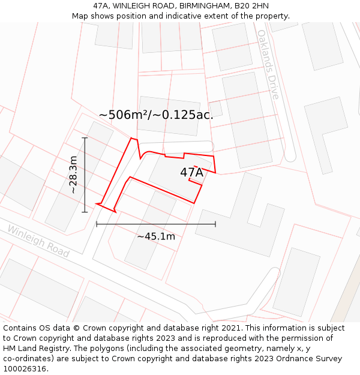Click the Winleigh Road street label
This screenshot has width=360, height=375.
[38, 241]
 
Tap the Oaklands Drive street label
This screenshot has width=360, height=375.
[268, 64]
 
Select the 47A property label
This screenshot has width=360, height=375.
[191, 172]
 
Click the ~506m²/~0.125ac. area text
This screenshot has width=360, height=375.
[156, 115]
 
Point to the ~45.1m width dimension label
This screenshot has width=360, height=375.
[156, 236]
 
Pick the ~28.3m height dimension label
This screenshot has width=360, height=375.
[73, 175]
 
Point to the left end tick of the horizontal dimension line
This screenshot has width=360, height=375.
[97, 224]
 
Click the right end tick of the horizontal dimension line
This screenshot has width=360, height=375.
[215, 224]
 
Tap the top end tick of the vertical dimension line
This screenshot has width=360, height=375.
[85, 138]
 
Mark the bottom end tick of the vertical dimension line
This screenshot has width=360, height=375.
[85, 212]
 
